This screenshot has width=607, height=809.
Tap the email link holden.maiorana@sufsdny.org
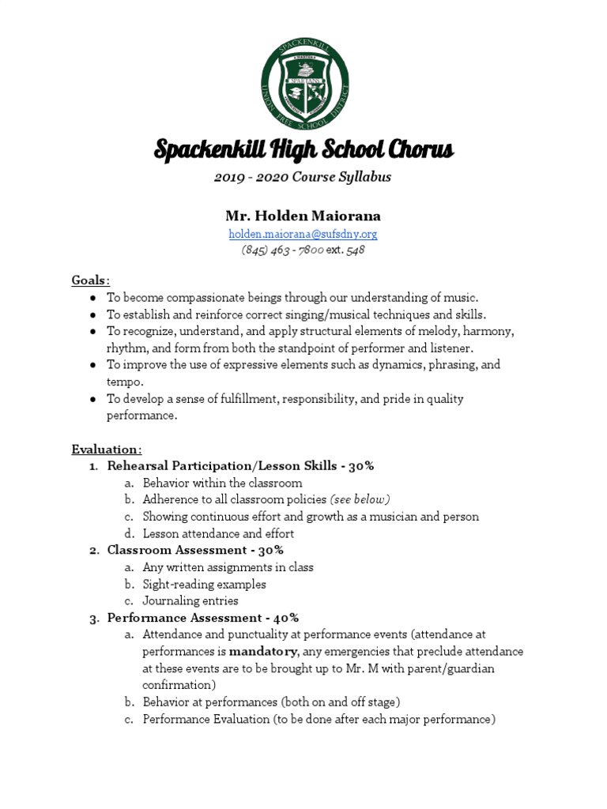coord(303,234)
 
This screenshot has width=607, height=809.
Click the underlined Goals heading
coord(91,280)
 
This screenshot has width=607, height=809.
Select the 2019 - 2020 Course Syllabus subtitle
coord(303,177)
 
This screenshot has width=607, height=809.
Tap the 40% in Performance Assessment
coord(285,618)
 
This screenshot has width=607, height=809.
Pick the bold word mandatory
coord(263,652)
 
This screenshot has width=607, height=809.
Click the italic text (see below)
coord(360,499)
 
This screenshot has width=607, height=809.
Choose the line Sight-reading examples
coord(204,584)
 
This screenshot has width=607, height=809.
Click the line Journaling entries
coord(190,600)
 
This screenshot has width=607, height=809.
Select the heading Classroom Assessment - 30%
coord(195,550)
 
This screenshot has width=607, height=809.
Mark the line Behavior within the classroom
coord(222,483)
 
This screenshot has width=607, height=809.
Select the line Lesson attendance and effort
coord(218,533)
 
